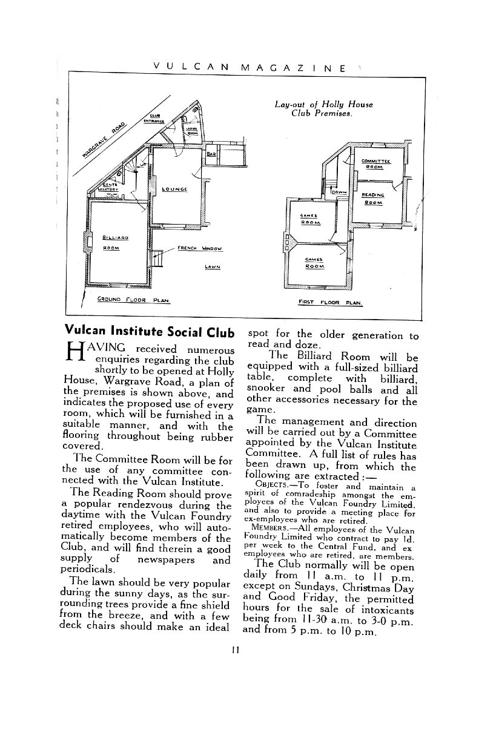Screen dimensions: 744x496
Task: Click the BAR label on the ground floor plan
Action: click(x=211, y=154)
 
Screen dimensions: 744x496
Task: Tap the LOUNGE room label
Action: click(x=174, y=189)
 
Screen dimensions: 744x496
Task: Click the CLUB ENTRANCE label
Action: click(x=154, y=118)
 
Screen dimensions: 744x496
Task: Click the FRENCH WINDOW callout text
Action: click(x=200, y=248)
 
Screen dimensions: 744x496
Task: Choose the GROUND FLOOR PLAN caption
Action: click(x=133, y=299)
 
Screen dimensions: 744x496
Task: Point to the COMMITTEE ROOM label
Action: click(x=375, y=163)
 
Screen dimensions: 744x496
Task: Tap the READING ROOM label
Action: click(x=372, y=199)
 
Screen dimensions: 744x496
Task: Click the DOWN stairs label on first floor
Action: click(x=339, y=193)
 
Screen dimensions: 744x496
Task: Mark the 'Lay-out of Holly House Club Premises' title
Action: click(x=323, y=108)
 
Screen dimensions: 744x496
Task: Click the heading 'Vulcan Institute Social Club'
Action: click(x=148, y=332)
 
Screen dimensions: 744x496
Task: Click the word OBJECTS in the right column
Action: click(x=274, y=486)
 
